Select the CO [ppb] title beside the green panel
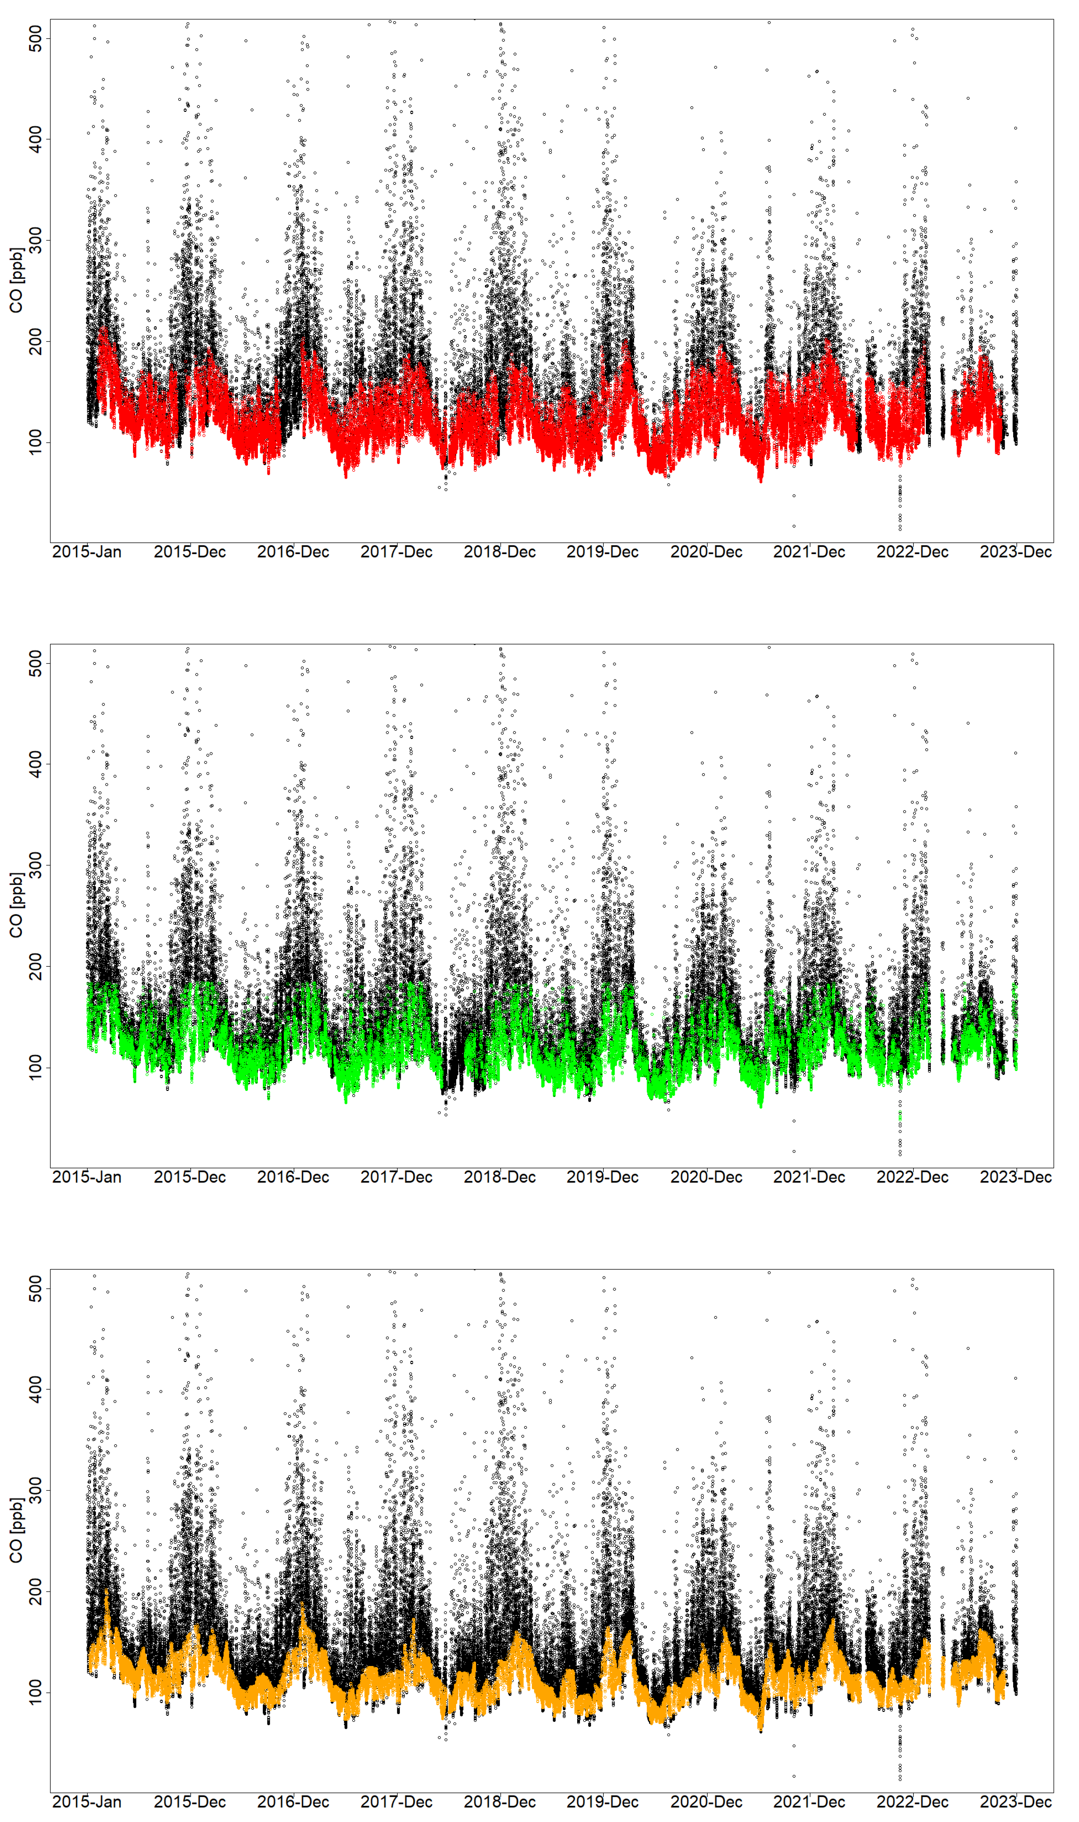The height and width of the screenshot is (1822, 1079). click(x=16, y=906)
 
